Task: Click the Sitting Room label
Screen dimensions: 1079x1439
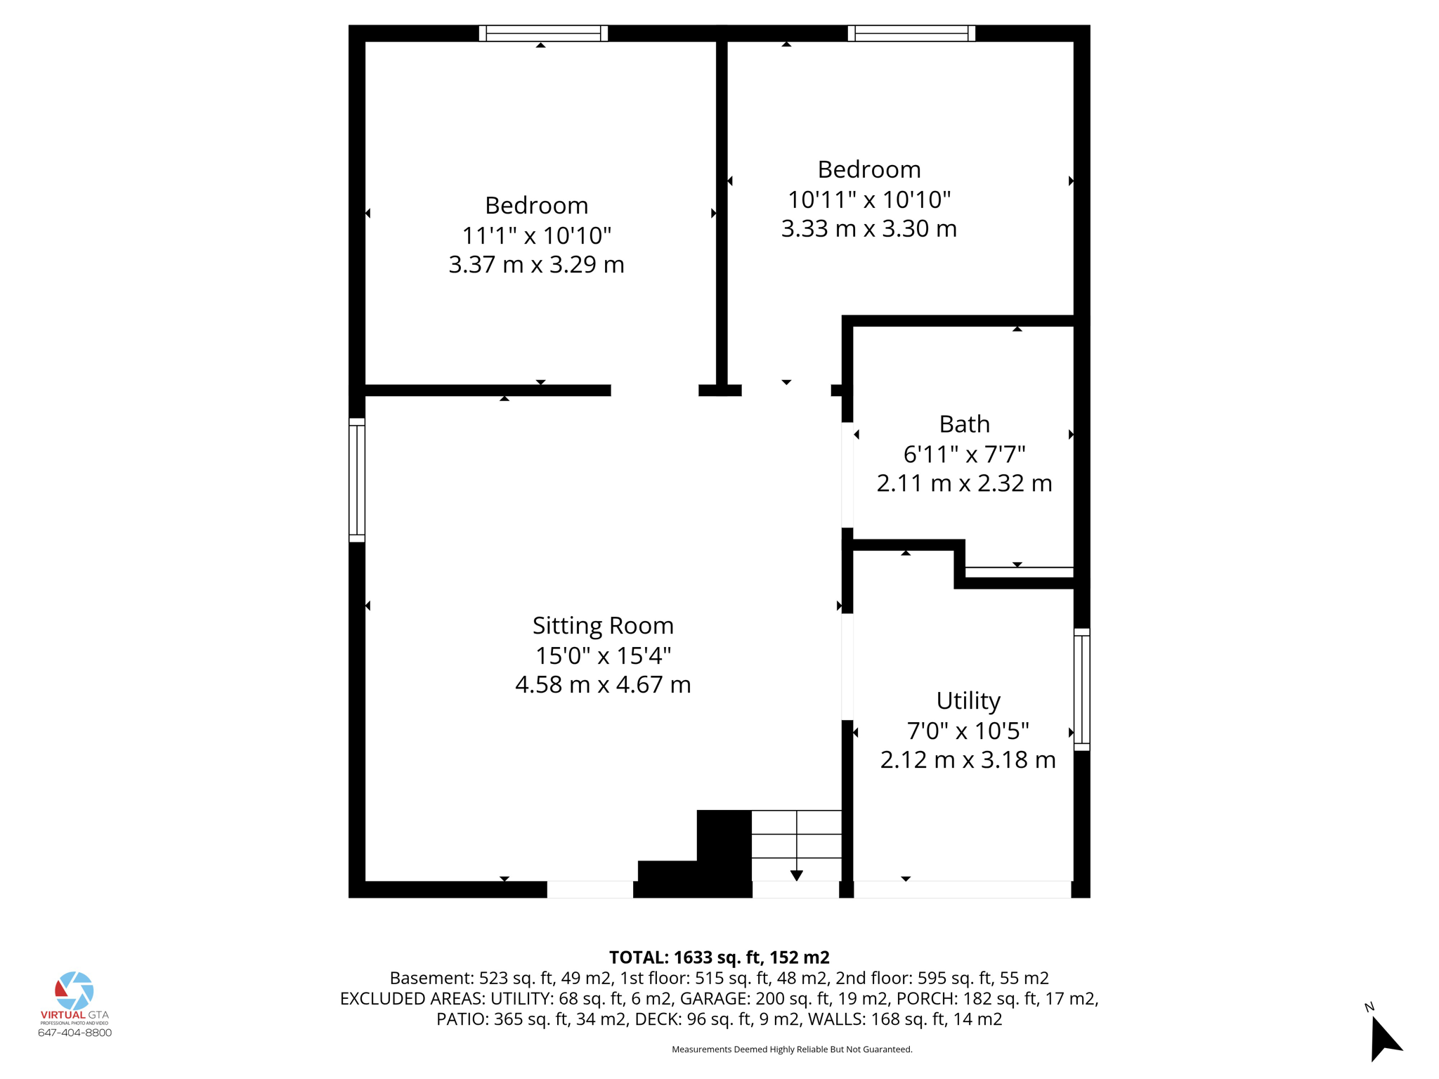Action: click(603, 625)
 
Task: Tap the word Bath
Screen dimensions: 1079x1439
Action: click(964, 424)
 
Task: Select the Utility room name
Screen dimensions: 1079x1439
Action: click(968, 700)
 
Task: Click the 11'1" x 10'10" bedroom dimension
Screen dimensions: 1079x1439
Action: click(536, 235)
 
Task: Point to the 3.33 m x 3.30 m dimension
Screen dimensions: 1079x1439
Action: click(868, 229)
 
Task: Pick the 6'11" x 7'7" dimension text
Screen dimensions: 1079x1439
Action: click(964, 455)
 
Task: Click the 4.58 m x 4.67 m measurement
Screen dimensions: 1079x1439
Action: click(603, 685)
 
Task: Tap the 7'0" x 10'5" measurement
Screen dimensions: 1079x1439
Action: click(968, 731)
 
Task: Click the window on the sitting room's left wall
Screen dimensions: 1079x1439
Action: click(357, 480)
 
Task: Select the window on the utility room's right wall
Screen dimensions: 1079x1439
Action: click(1081, 690)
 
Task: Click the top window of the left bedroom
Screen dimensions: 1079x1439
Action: click(543, 33)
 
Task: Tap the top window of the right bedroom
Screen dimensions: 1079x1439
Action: click(911, 33)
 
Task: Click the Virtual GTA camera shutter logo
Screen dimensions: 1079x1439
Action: click(74, 990)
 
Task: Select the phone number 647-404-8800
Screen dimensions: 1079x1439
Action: click(74, 1033)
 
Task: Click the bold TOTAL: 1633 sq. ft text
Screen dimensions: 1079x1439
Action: click(719, 957)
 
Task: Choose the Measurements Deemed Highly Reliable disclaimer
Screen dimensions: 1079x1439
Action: click(792, 1049)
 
